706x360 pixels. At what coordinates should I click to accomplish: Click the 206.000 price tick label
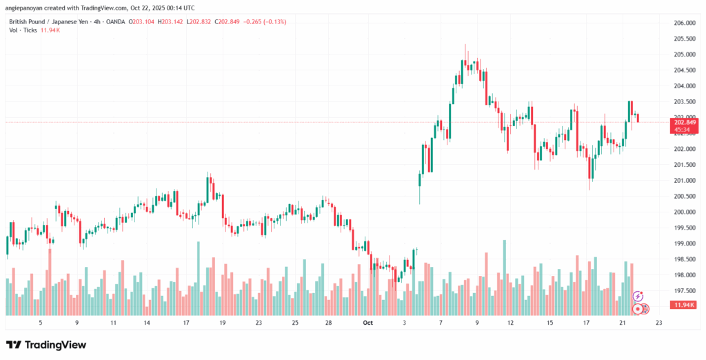coord(683,23)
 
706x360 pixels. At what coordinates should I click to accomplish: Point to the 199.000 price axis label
coord(683,243)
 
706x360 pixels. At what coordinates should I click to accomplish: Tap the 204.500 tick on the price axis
coord(683,70)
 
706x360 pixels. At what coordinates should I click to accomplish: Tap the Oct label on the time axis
coord(367,322)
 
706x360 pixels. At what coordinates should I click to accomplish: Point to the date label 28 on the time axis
coord(328,322)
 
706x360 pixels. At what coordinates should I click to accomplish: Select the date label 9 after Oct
coord(477,322)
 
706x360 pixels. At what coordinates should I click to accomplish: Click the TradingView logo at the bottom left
coord(46,345)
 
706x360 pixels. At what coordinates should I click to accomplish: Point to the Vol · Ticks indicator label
coord(26,31)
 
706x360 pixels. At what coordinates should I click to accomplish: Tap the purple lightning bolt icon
coord(638,296)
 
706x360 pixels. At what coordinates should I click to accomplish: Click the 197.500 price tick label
coord(683,291)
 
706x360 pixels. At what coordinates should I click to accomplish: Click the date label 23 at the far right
coord(658,322)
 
